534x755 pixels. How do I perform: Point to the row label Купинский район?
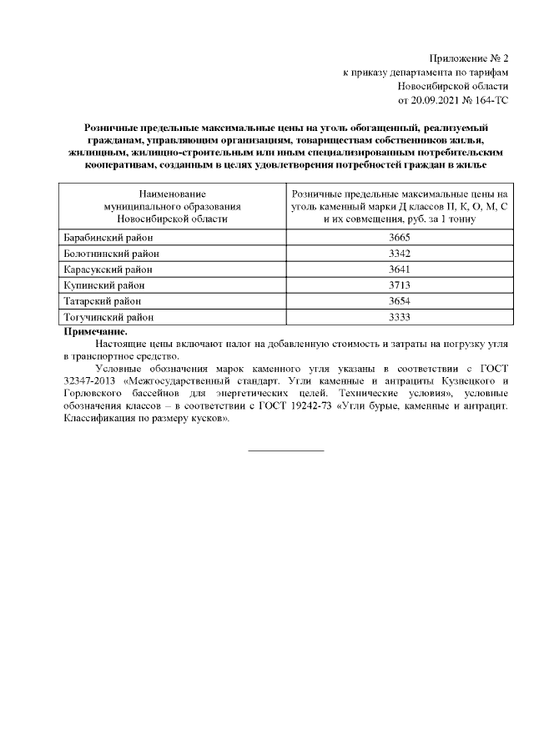[103, 285]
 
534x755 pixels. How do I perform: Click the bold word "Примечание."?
[95, 331]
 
